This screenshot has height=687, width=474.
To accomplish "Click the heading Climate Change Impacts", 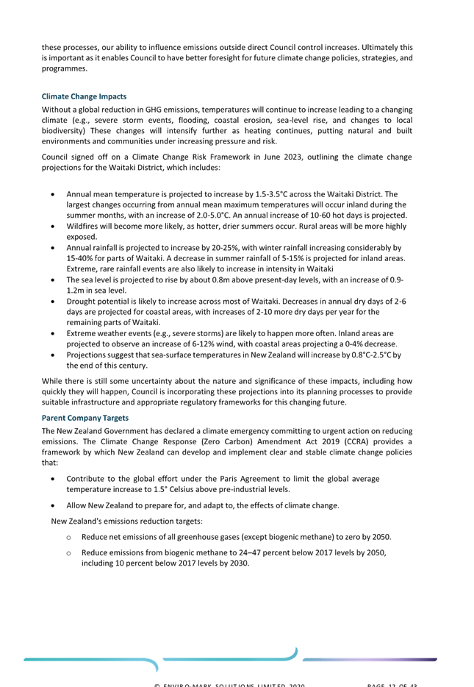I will coord(84,96).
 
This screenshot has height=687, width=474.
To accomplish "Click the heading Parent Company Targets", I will coord(85,418).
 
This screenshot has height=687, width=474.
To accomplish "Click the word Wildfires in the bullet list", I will coord(81,227).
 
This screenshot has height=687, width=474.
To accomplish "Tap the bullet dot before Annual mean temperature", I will coord(53,194).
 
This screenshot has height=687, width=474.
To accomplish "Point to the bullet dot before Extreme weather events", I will coord(53,333).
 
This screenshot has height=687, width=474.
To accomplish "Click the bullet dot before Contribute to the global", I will coord(53,479).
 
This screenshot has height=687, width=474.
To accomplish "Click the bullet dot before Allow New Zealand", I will coord(53,506).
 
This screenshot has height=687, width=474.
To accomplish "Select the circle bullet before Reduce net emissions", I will coord(69,537).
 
